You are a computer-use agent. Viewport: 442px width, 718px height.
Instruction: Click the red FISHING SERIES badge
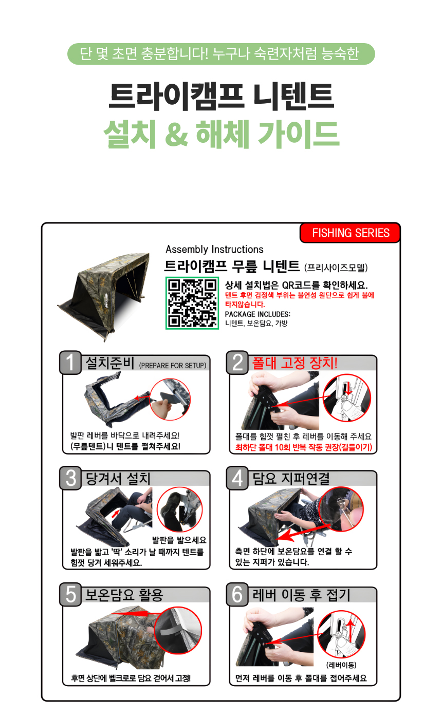coord(350,233)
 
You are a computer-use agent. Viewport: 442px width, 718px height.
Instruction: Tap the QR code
coord(192,303)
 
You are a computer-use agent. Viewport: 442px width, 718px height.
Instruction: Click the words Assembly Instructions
coord(214,250)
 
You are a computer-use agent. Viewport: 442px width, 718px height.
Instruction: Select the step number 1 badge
coord(70,363)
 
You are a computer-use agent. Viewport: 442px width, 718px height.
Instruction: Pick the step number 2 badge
coord(237,363)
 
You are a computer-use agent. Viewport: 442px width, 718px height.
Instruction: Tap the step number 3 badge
coord(70,478)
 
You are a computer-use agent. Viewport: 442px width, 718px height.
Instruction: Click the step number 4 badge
coord(237,478)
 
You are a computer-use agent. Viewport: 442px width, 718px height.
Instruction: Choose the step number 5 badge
coord(70,595)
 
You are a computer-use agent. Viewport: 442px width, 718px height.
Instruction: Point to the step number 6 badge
coord(237,595)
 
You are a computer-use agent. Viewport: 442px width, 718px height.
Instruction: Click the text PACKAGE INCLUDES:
coord(257,314)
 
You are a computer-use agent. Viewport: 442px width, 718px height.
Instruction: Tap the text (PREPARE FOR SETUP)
coord(173,365)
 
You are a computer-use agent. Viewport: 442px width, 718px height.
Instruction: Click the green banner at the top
coord(221,54)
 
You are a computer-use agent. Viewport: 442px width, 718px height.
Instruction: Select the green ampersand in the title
coord(176,135)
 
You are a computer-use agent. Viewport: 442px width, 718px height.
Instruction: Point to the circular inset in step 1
coord(170,399)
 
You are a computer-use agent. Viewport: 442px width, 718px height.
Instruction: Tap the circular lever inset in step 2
coord(347,398)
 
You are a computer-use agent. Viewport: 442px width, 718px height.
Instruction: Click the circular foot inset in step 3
coord(179,509)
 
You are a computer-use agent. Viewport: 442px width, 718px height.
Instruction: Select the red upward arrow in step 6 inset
coord(351,631)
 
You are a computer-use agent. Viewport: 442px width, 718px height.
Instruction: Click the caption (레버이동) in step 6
coord(341,665)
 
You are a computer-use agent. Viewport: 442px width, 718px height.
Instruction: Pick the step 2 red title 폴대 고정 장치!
coord(294,363)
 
